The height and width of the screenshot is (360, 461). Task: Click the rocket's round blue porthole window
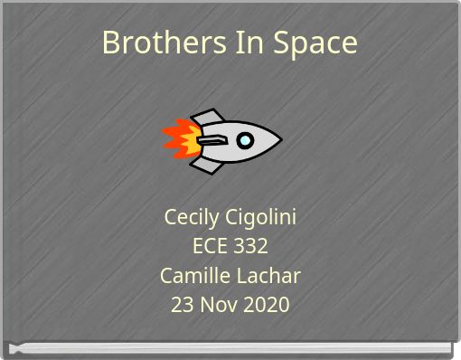[245, 140]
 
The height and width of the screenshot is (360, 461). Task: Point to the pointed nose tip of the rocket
[279, 140]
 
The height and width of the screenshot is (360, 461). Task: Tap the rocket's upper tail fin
[208, 118]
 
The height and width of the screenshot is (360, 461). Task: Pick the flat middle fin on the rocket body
[211, 140]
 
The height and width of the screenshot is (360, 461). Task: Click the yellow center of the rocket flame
[187, 140]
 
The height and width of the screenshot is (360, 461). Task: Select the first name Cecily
[192, 218]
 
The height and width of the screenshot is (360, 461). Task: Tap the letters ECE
[211, 247]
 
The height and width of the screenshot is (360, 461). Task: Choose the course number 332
[250, 247]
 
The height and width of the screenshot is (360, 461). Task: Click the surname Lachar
[267, 276]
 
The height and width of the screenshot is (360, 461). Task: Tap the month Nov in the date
[218, 305]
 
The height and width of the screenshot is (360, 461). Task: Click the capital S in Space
[275, 43]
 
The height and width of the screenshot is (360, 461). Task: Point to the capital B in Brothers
[110, 43]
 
